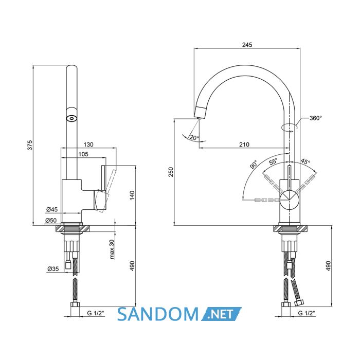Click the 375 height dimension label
30,145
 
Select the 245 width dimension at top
247,45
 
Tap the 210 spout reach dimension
244,145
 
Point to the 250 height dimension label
171,172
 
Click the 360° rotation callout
316,118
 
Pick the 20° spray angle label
194,137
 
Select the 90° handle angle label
254,165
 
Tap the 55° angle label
273,161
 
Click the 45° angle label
305,161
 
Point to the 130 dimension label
88,145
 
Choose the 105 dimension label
83,154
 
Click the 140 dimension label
132,195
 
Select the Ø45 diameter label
52,209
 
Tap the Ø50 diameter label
51,221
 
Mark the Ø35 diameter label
53,268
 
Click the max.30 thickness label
112,249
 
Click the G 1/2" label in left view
96,313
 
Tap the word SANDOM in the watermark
158,314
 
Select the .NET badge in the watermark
221,314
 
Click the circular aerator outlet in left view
71,118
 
